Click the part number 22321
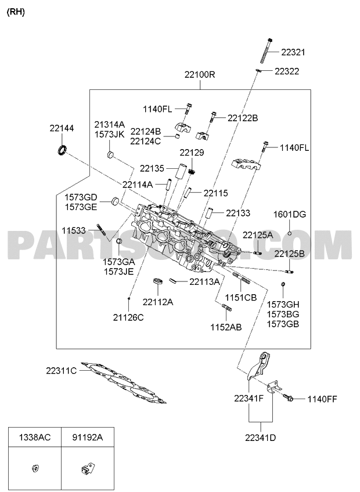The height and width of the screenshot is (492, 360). (x=293, y=52)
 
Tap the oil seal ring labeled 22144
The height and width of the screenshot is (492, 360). (x=62, y=149)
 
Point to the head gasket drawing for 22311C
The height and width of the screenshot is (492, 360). (x=123, y=383)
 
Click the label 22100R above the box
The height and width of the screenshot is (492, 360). (x=200, y=75)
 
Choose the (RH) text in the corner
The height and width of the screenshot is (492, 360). (x=16, y=12)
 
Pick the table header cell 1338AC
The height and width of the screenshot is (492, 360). (x=35, y=437)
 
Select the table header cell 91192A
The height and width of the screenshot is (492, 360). (x=87, y=437)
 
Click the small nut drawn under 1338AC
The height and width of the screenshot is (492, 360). (x=35, y=468)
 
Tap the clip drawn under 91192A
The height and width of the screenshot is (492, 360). (x=87, y=468)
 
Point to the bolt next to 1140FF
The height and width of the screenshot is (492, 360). (x=288, y=397)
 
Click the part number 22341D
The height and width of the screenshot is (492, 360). (x=260, y=437)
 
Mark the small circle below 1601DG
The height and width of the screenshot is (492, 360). (x=290, y=233)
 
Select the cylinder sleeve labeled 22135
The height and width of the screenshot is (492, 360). (x=182, y=171)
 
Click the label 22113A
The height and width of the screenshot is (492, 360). (x=204, y=282)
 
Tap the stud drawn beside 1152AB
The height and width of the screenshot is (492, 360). (x=227, y=308)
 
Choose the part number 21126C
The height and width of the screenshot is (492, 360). (x=128, y=317)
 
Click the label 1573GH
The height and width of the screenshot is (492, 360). (x=283, y=305)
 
